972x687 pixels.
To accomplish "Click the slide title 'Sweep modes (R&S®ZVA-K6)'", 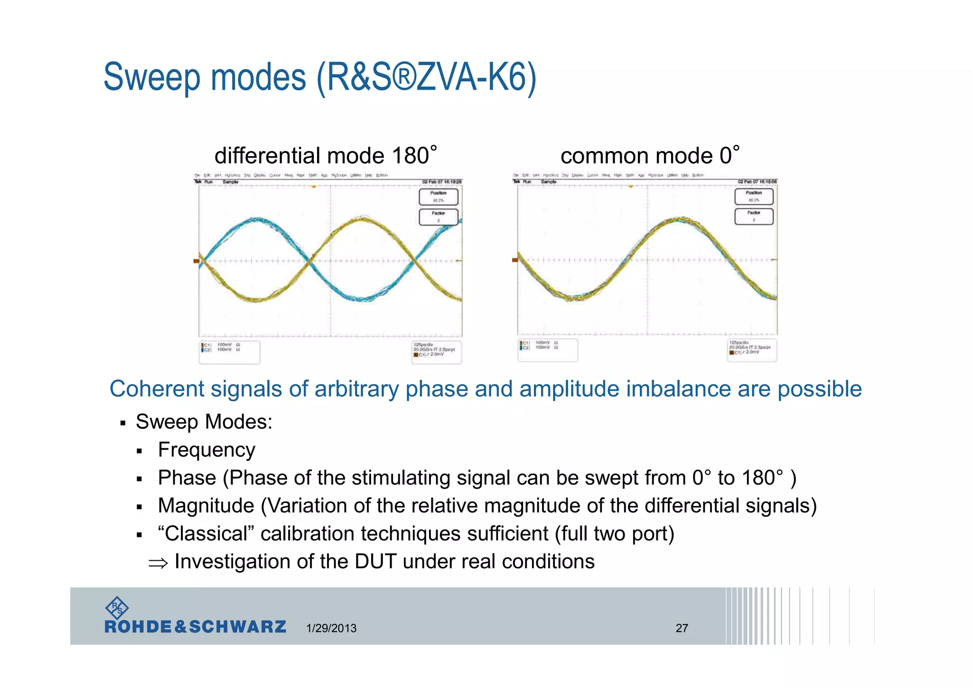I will coord(319,77).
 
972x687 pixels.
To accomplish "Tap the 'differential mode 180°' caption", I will coord(325,156).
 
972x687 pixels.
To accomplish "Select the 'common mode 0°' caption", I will coord(649,156).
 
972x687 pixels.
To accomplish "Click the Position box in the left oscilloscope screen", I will coord(438,197).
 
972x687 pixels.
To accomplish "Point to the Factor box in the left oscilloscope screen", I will coord(438,217).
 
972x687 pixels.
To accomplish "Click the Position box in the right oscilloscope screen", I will coord(753,196).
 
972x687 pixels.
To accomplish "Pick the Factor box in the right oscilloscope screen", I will coord(753,216).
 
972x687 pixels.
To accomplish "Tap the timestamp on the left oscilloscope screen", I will coord(441,182).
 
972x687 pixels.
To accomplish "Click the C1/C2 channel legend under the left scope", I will coord(229,352).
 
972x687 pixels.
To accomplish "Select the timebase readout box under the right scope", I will coord(751,350).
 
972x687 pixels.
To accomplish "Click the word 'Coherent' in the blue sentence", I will coord(156,389).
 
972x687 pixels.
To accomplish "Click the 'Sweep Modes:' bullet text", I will coord(204,422).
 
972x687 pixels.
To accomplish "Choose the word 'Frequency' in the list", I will coord(206,450).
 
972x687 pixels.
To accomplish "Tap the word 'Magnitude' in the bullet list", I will coord(206,506).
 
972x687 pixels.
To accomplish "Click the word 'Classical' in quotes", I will coord(206,534).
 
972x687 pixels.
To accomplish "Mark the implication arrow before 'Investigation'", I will coord(158,563).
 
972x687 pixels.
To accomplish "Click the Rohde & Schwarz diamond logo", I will coord(117,608).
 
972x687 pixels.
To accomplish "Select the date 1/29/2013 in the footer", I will coord(331,628).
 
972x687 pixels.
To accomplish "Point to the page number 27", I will coord(682,628).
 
